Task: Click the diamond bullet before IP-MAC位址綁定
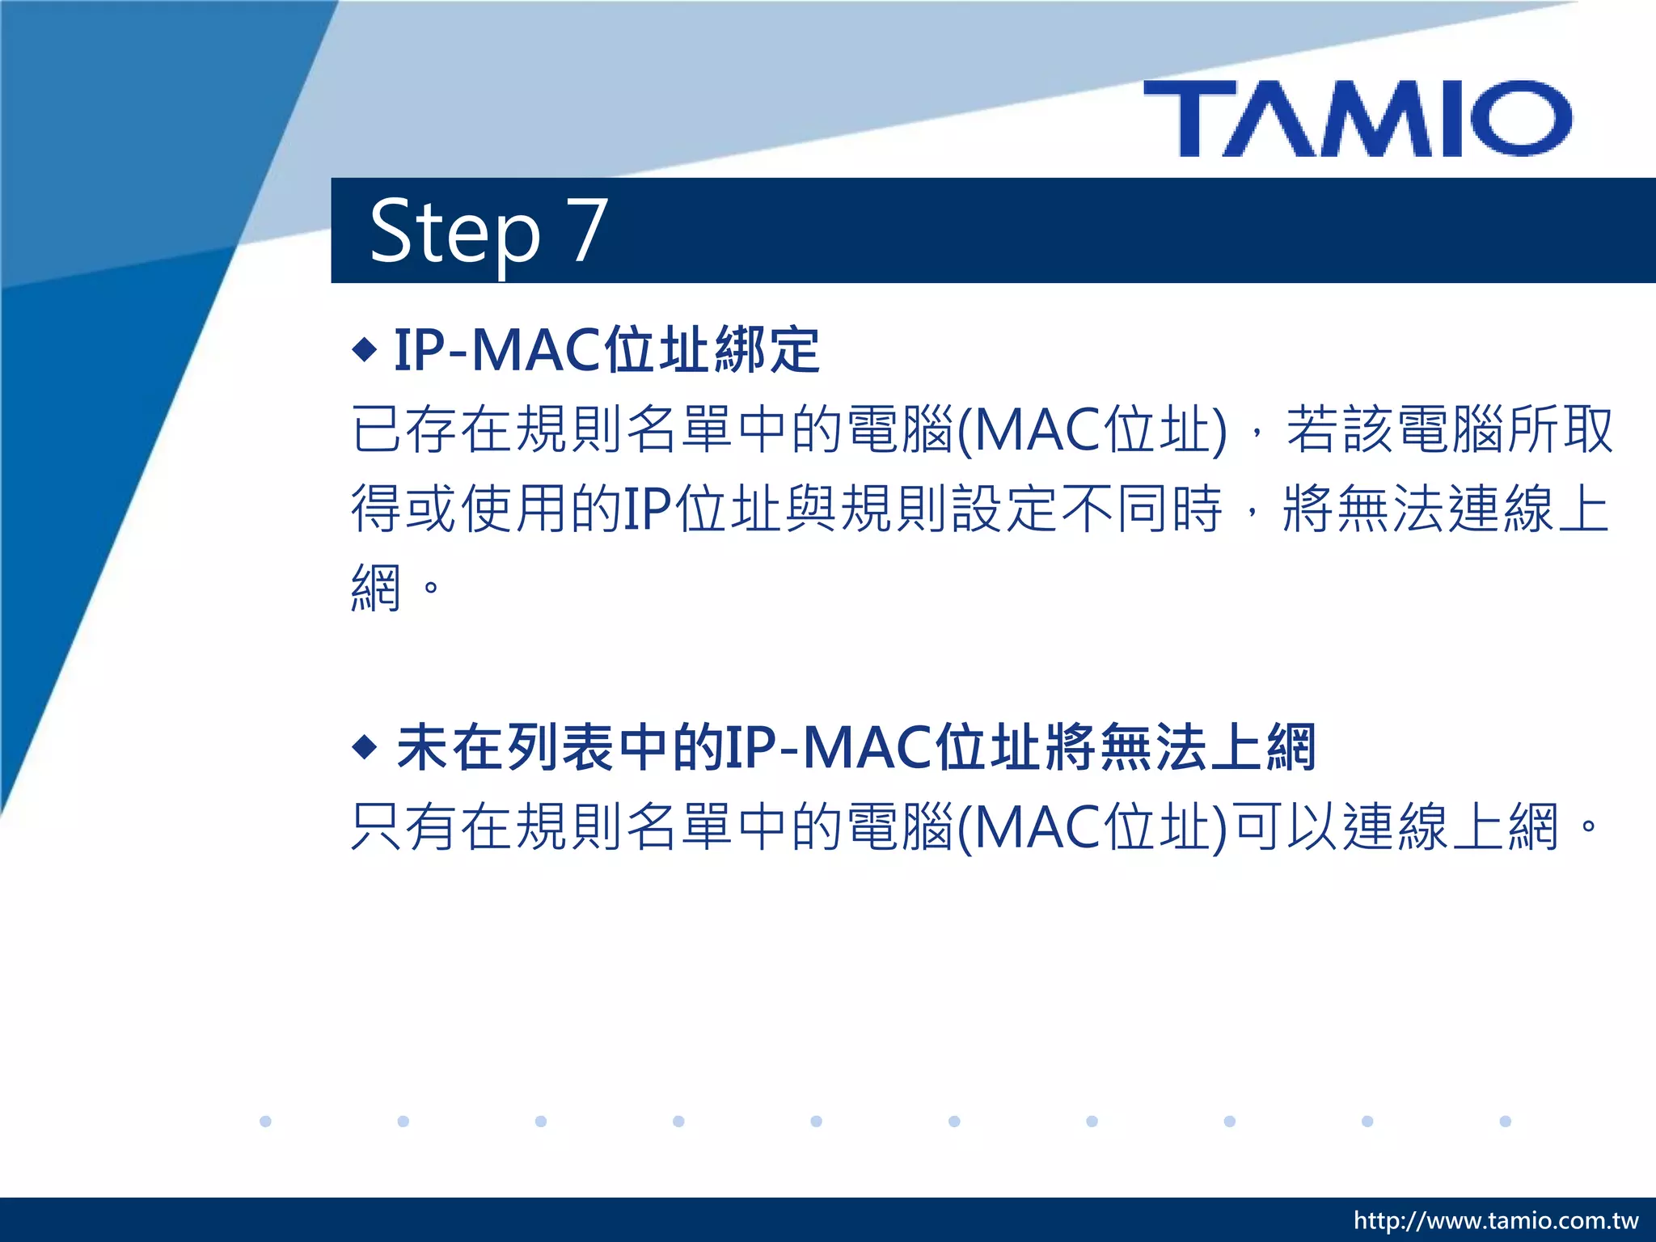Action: coord(365,350)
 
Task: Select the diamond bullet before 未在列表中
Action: coord(365,746)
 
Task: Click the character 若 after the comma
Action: coord(1312,429)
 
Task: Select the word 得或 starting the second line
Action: coord(404,509)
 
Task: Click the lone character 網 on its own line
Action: coord(377,588)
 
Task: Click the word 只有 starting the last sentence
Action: coord(404,826)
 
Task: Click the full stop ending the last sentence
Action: coord(1588,826)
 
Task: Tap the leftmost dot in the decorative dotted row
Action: coord(265,1121)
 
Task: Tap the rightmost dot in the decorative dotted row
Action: coord(1505,1121)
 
